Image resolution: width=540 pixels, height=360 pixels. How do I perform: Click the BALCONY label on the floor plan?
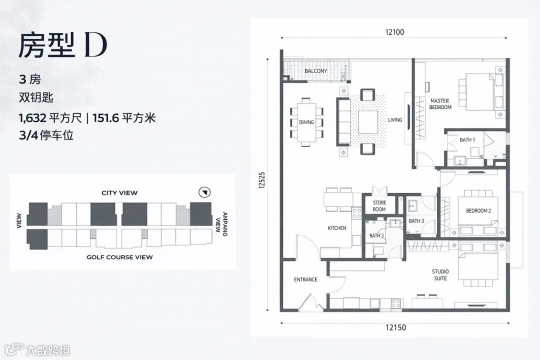click(316, 71)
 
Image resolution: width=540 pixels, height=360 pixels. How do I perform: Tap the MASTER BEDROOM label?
click(440, 104)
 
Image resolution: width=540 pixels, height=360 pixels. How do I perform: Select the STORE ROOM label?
click(379, 206)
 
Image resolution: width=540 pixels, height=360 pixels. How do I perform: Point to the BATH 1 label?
click(467, 140)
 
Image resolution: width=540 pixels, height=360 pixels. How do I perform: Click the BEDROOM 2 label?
click(478, 210)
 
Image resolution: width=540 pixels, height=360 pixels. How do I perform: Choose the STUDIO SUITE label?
click(440, 275)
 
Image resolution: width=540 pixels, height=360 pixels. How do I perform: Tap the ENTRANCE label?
click(305, 279)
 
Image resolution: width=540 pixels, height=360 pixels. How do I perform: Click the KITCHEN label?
click(337, 227)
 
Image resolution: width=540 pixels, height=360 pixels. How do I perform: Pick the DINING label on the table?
click(306, 122)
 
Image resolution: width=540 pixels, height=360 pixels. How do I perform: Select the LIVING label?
click(395, 120)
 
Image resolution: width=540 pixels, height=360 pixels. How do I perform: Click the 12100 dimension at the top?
click(394, 32)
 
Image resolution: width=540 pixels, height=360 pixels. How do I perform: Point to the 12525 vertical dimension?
click(262, 180)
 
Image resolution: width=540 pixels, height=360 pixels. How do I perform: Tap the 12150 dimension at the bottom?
click(395, 327)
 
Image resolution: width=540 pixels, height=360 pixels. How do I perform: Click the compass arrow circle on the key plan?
click(204, 192)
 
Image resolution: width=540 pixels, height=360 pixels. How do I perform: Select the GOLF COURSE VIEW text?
click(119, 257)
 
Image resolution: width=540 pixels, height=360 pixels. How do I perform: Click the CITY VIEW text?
click(119, 193)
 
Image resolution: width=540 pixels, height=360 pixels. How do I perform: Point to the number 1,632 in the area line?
click(32, 118)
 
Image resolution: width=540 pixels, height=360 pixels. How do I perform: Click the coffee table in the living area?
click(368, 122)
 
